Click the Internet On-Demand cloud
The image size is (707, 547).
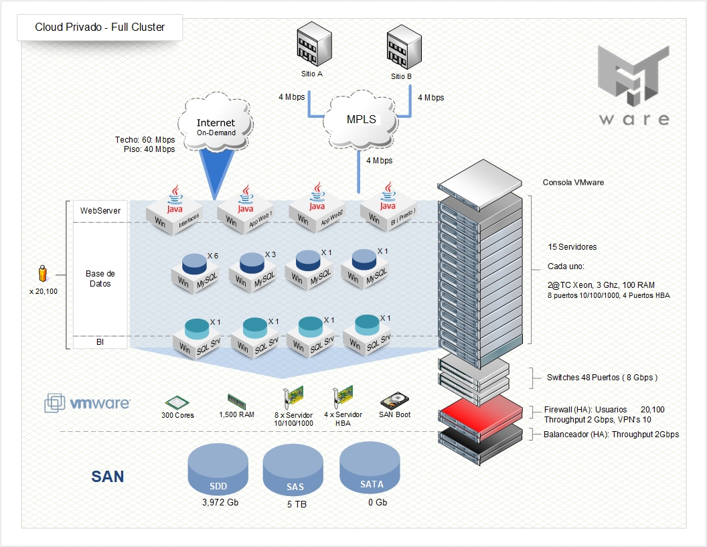[x=216, y=125]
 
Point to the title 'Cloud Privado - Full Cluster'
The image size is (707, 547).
[x=100, y=28]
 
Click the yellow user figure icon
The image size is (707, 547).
[x=43, y=273]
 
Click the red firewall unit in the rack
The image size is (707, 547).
[x=480, y=410]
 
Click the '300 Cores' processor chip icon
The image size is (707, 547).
[x=177, y=402]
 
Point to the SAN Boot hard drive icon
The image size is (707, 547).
[x=394, y=400]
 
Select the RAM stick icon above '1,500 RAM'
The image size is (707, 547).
[x=236, y=400]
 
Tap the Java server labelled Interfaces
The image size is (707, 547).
[x=175, y=209]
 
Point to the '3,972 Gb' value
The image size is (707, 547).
[x=220, y=502]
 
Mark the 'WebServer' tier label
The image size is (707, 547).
[x=100, y=210]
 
